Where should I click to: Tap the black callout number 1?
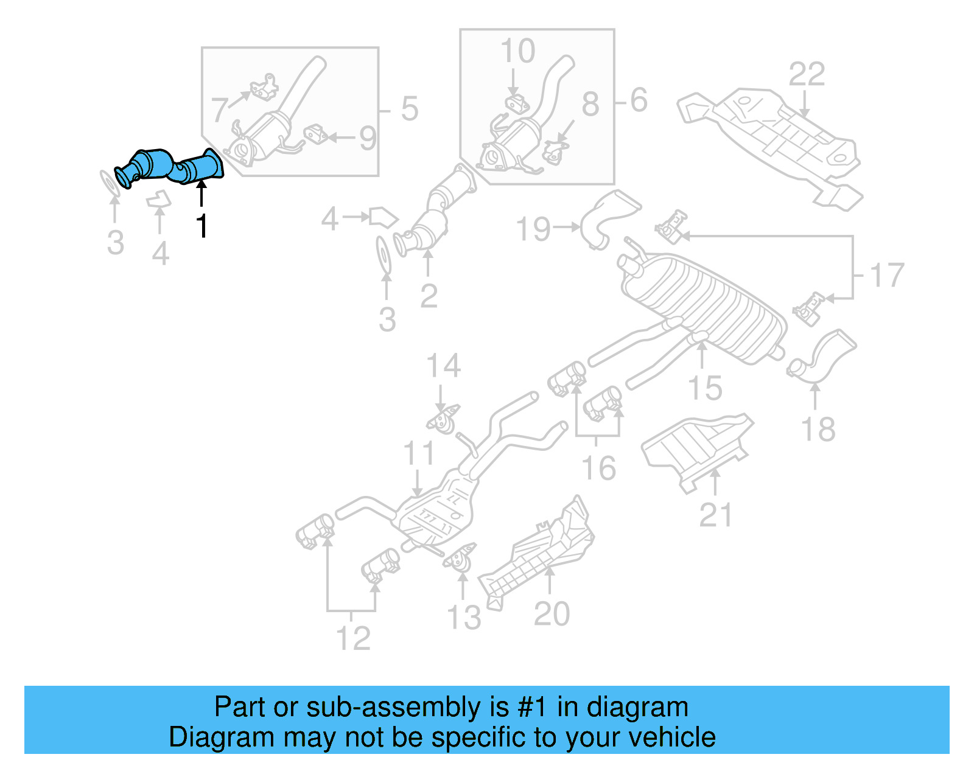click(202, 226)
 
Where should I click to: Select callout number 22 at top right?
click(807, 75)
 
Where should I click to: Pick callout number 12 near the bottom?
click(352, 638)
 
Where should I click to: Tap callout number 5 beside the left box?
click(409, 110)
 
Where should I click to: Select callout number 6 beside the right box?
click(639, 100)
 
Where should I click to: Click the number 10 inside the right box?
click(517, 51)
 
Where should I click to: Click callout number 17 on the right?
click(887, 275)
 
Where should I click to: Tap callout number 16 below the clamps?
click(598, 468)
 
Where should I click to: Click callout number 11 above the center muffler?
click(419, 453)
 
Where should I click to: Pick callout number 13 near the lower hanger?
click(464, 618)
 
